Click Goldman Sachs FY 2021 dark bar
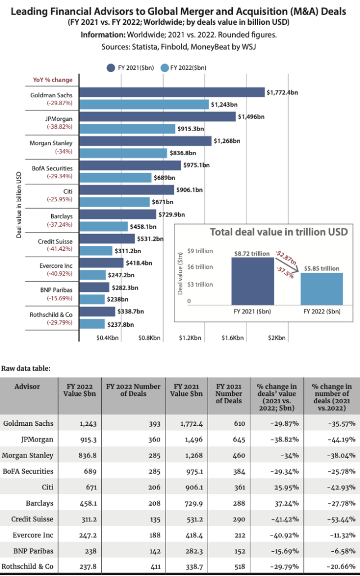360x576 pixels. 173,92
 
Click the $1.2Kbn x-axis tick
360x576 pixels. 190,338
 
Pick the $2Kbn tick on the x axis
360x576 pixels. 277,338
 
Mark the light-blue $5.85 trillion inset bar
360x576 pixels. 322,289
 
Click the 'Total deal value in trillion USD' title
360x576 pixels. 278,232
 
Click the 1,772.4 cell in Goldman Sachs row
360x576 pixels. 185,423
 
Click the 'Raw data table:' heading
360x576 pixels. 26,369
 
